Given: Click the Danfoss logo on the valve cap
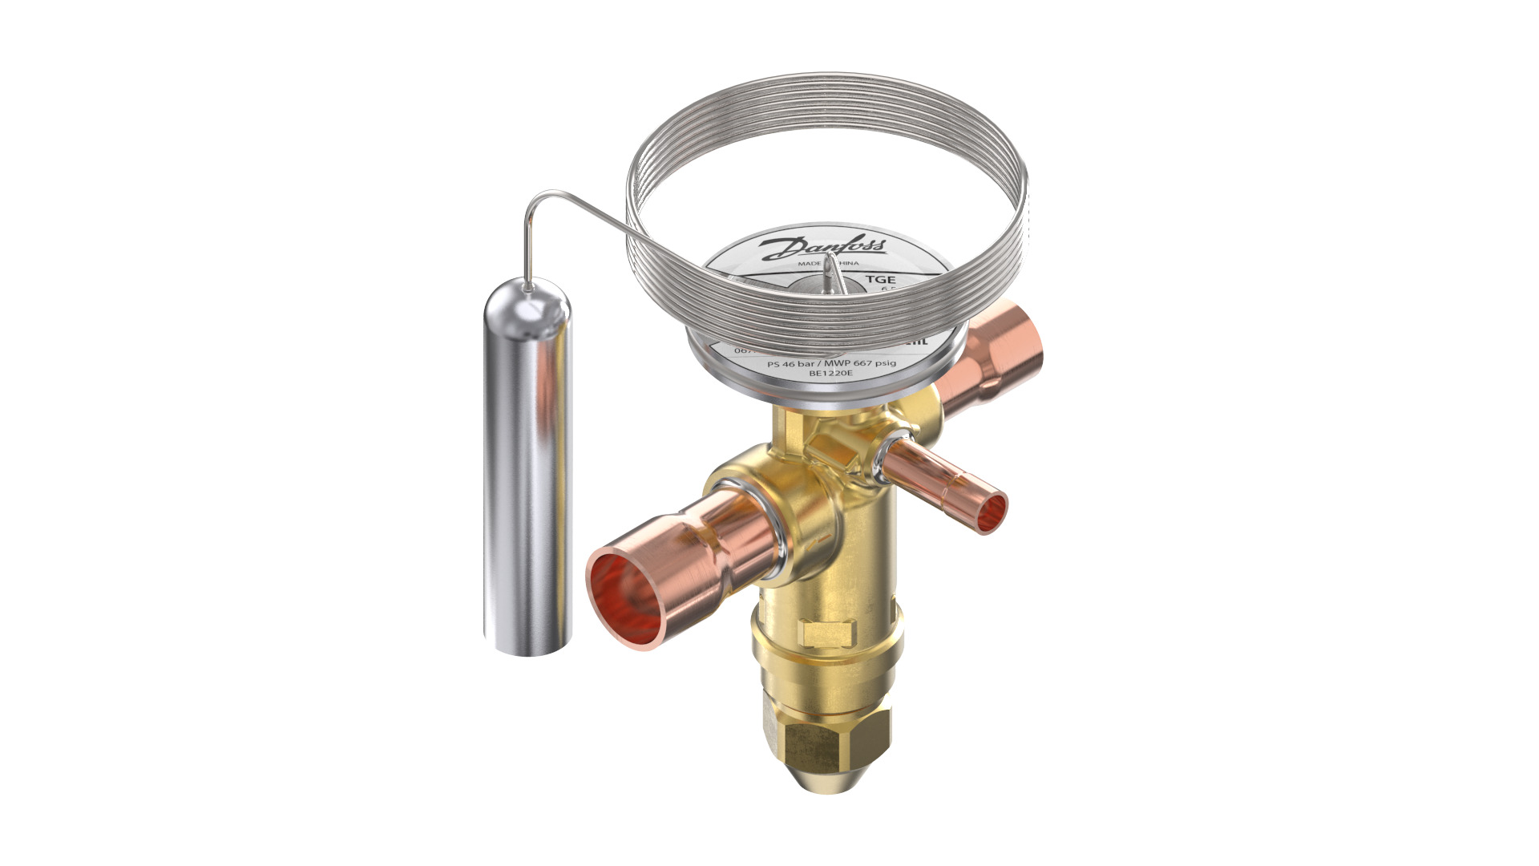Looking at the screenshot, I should [x=823, y=248].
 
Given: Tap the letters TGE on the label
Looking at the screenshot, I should [x=879, y=279].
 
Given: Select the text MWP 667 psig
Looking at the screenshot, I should [x=861, y=363].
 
